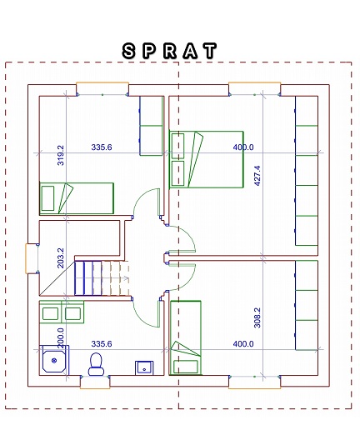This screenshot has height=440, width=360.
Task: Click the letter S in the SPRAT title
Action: (x=128, y=51)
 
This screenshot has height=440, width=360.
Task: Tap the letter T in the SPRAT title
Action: (x=210, y=51)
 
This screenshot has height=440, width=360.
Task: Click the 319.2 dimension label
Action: (x=61, y=155)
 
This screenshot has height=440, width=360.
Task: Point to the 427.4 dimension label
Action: (x=257, y=176)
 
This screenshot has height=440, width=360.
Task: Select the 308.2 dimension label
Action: (x=257, y=317)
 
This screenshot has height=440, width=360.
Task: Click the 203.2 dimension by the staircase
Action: (x=61, y=257)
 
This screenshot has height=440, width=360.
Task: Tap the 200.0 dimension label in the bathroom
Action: (x=61, y=338)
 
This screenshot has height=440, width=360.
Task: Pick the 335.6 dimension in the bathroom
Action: (x=102, y=343)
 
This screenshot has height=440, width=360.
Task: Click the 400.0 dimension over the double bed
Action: (x=243, y=147)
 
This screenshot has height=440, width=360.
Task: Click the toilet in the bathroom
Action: (x=96, y=364)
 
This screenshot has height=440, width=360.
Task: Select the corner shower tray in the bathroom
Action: (x=54, y=360)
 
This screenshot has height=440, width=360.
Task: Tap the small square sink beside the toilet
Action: (x=144, y=367)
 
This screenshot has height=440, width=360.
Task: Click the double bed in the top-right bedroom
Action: (x=207, y=159)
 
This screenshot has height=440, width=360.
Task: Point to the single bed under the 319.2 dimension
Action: (x=77, y=198)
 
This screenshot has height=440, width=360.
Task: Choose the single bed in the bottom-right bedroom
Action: (x=186, y=337)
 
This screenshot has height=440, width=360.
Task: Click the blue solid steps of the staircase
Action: (x=88, y=278)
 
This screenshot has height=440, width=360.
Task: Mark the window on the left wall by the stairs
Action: (x=32, y=258)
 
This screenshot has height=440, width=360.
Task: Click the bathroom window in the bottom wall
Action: (x=95, y=382)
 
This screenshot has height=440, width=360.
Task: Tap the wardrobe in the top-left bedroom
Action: (x=152, y=126)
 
